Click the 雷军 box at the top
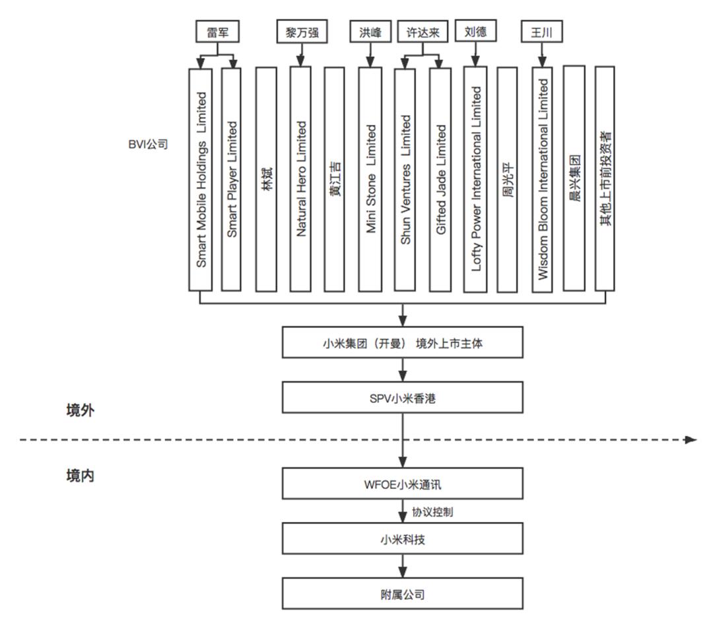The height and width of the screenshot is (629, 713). click(x=218, y=31)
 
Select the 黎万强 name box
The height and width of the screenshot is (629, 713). click(x=302, y=31)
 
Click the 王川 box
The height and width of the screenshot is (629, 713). click(x=541, y=31)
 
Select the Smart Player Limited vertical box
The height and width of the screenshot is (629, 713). click(x=232, y=178)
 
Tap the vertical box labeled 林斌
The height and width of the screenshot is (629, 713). click(x=266, y=178)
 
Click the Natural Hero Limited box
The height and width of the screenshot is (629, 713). click(x=301, y=178)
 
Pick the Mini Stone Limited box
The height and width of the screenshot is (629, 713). click(x=370, y=178)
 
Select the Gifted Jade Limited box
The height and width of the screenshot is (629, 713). click(x=440, y=178)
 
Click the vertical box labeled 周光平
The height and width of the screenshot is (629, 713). click(x=507, y=178)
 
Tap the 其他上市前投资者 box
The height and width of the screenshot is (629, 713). click(x=605, y=178)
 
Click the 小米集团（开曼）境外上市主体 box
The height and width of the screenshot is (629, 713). click(x=403, y=343)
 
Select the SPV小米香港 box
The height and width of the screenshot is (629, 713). click(x=403, y=397)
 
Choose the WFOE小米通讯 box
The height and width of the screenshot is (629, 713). click(x=403, y=484)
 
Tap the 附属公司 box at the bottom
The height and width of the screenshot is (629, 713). click(x=403, y=594)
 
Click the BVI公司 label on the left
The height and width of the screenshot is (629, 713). click(x=148, y=143)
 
